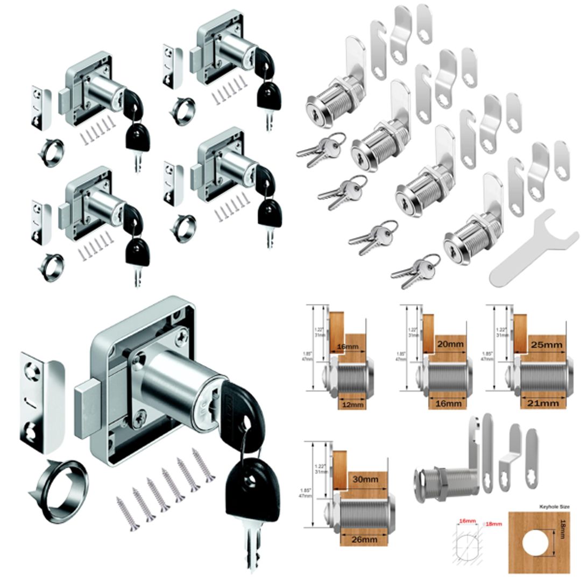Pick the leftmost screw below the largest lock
point(128,513)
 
